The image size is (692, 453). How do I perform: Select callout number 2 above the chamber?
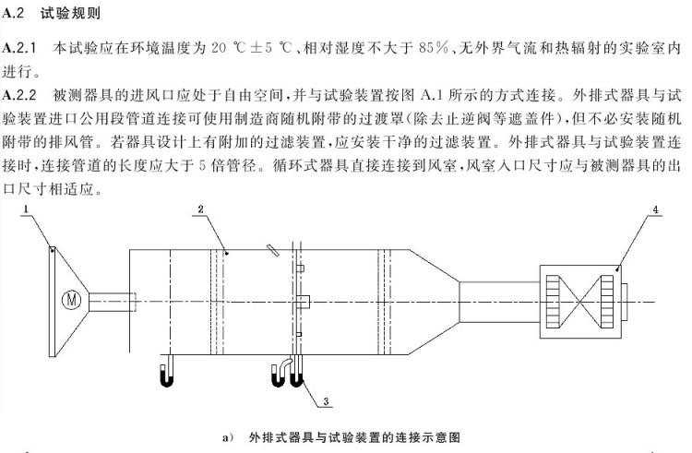click(198, 210)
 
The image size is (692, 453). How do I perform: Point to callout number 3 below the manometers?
click(328, 402)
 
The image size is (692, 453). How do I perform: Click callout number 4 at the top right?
click(654, 210)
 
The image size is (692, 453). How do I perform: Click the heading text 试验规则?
click(73, 16)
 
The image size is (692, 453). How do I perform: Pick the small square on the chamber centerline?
click(300, 300)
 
